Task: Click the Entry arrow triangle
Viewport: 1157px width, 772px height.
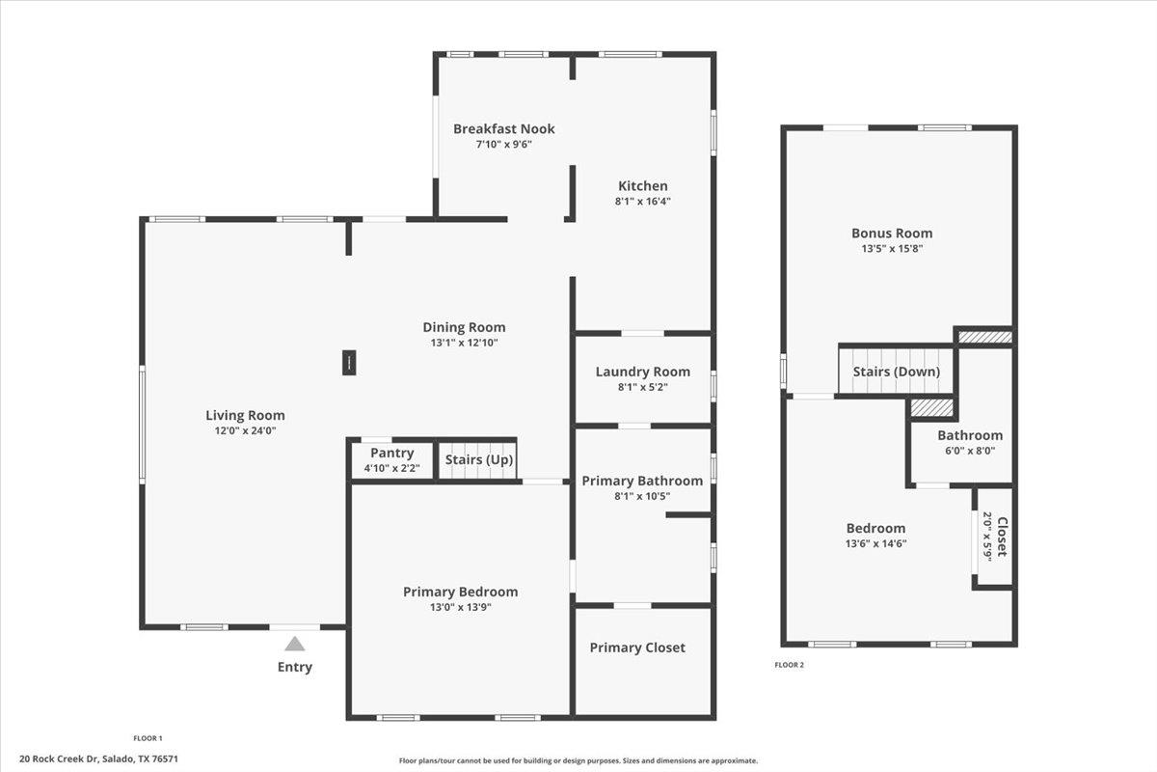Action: (295, 644)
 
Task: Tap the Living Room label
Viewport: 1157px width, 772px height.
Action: (245, 416)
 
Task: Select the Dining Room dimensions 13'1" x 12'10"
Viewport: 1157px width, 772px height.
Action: (464, 343)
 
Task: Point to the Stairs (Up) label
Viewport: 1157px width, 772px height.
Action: (478, 460)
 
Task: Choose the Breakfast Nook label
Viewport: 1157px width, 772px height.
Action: (503, 128)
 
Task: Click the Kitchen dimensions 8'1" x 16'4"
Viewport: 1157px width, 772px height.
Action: (643, 202)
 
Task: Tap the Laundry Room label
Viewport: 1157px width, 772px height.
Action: (642, 372)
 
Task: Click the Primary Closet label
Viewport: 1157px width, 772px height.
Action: (637, 648)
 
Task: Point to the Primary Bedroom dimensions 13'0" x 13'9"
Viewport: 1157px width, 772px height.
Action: (460, 607)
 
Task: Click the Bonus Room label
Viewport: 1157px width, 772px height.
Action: (891, 233)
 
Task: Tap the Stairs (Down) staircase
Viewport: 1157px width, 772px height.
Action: (896, 372)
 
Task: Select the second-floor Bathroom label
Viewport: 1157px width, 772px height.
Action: (969, 435)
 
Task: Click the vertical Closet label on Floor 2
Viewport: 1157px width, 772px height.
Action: (1001, 537)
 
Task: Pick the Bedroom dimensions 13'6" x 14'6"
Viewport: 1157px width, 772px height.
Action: (875, 543)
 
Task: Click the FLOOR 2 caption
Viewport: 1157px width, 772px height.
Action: (789, 665)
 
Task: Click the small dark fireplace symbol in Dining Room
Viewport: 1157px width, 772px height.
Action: (348, 363)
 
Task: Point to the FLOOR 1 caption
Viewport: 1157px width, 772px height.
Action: (148, 738)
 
